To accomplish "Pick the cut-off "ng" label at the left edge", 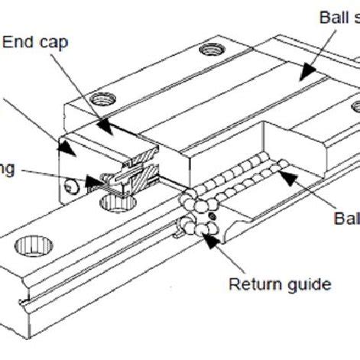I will pyautogui.click(x=7, y=168).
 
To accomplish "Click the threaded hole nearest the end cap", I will pyautogui.click(x=99, y=99).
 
